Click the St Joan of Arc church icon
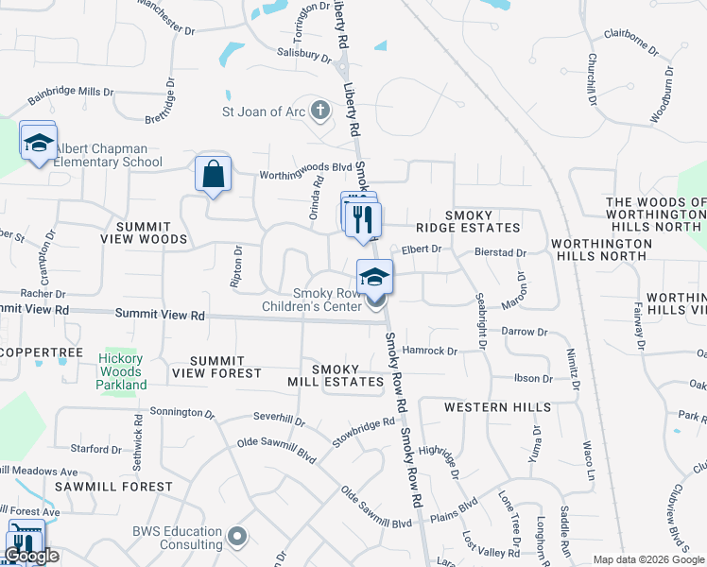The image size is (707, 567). click(320, 112)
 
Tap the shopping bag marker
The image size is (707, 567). click(213, 174)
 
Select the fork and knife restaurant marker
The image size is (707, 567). click(363, 220)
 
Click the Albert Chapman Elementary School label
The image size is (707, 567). click(101, 155)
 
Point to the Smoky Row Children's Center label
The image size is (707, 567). click(327, 300)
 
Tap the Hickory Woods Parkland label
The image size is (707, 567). click(121, 371)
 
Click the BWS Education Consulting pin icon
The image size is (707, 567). click(236, 537)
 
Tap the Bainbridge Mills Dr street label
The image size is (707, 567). click(70, 95)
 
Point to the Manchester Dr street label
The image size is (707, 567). click(164, 16)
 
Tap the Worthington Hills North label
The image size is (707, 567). click(601, 249)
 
